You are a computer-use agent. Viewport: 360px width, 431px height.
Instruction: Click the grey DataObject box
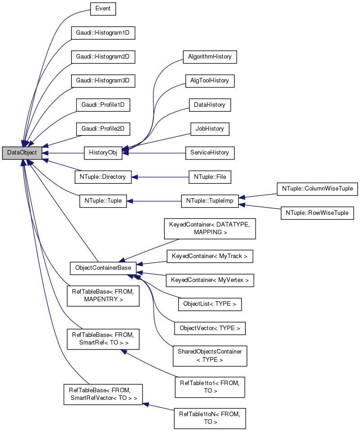point(22,153)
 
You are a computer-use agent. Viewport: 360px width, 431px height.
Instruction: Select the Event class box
point(103,9)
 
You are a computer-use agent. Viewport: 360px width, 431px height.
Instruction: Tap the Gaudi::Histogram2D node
point(103,57)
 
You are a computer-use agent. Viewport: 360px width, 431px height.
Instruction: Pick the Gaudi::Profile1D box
point(103,105)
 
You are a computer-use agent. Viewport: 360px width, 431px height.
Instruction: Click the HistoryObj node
point(103,153)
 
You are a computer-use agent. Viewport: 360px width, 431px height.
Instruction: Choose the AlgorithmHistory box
point(210,57)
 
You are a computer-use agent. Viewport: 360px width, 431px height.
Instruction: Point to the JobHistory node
point(210,129)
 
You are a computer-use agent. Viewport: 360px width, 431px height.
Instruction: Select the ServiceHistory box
point(210,153)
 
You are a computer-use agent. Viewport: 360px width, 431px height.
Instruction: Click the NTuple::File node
point(210,177)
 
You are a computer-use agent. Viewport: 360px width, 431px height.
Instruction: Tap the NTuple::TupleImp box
point(210,201)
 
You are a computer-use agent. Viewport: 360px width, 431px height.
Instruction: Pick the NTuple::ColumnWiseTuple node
point(317,189)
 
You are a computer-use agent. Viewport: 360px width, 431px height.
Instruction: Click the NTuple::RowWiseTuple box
point(317,213)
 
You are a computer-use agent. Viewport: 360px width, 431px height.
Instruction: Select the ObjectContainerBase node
point(103,268)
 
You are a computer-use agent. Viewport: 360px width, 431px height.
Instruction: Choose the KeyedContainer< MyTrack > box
point(210,256)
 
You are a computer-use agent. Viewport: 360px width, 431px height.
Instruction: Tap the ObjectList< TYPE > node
point(210,304)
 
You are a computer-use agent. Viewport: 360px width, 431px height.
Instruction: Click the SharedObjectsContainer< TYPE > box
point(210,355)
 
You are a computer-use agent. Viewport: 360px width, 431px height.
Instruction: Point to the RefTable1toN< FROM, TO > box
point(210,417)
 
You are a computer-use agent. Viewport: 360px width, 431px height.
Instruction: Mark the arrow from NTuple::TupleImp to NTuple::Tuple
point(153,201)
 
